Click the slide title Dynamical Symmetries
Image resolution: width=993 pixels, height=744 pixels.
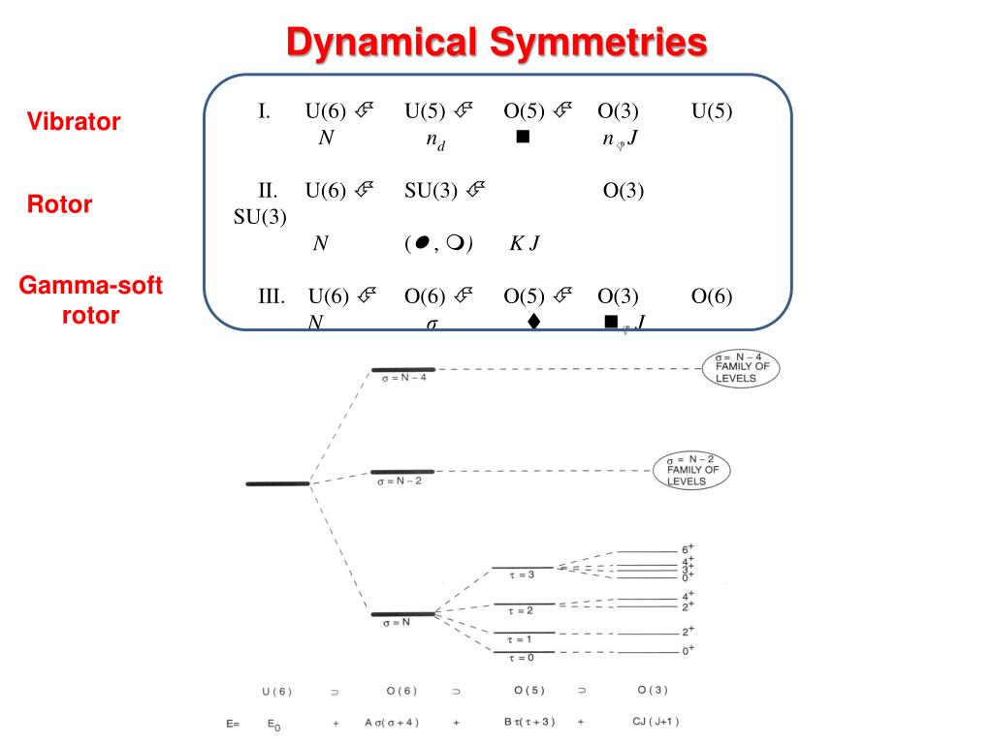click(496, 42)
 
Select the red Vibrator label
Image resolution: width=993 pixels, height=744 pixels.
click(74, 122)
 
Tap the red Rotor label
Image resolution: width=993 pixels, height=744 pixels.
click(60, 204)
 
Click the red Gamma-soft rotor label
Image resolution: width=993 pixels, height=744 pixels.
click(91, 300)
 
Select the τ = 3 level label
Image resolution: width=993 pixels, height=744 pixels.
click(522, 574)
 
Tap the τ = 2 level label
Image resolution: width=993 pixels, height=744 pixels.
click(522, 610)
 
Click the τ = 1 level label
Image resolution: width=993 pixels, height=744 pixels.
click(522, 639)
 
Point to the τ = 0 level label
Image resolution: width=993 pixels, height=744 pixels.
click(522, 659)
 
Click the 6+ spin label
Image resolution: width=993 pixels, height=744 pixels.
click(688, 548)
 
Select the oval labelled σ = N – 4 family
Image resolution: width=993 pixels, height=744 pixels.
click(742, 368)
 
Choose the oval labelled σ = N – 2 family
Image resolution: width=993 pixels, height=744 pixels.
click(691, 471)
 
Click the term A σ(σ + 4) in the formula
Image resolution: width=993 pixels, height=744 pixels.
click(392, 723)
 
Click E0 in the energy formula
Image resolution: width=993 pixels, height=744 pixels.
click(276, 724)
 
